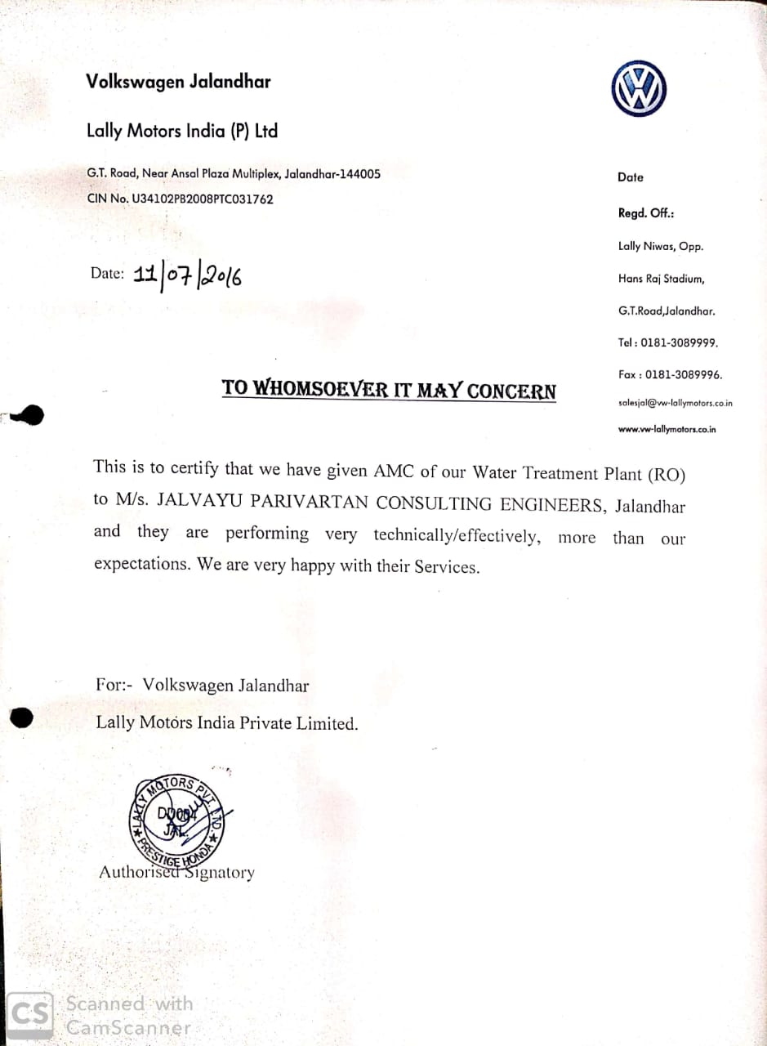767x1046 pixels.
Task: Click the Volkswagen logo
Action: click(x=639, y=88)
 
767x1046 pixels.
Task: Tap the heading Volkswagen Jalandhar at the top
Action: click(x=178, y=82)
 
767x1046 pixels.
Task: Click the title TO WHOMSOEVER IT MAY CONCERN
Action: click(x=389, y=389)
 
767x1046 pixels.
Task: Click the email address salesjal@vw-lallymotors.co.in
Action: click(x=675, y=403)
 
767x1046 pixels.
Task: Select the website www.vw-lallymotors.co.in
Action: click(x=667, y=429)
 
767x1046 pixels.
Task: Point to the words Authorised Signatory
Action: click(x=176, y=873)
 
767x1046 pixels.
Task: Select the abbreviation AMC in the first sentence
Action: click(x=395, y=471)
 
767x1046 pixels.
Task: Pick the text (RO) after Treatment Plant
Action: click(x=667, y=474)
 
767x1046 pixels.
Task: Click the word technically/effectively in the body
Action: click(x=457, y=535)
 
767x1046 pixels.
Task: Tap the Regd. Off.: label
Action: click(x=646, y=213)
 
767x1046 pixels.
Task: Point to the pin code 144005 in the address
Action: click(x=359, y=174)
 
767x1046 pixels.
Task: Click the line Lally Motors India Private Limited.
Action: click(x=226, y=723)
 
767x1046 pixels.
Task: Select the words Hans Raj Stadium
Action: click(x=661, y=279)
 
